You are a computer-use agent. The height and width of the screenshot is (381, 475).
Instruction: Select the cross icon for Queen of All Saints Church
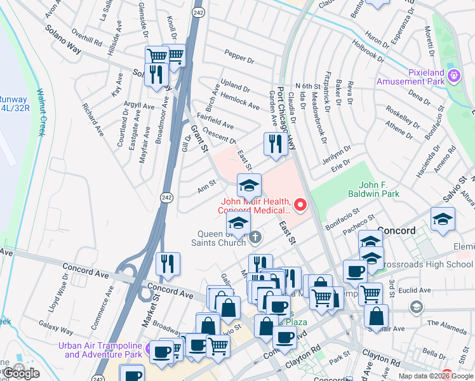[255, 237]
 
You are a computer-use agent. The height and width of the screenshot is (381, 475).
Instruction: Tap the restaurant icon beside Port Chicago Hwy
[275, 144]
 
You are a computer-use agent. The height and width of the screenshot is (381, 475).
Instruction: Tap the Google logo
[21, 373]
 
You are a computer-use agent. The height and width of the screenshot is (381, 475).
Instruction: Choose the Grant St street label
[199, 139]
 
